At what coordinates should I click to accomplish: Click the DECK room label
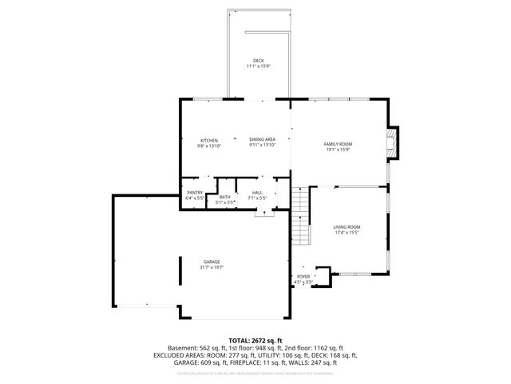(258, 61)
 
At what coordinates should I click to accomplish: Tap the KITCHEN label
(209, 140)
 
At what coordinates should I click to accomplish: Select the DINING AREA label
(262, 140)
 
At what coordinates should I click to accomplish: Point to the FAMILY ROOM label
(338, 144)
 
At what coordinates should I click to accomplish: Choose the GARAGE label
(212, 262)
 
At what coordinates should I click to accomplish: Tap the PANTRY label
(195, 193)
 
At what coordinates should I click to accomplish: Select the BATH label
(225, 197)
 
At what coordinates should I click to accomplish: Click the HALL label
(257, 193)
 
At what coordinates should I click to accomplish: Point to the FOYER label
(303, 277)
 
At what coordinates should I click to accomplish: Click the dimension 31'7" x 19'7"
(212, 267)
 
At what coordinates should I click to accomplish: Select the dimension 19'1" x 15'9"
(338, 150)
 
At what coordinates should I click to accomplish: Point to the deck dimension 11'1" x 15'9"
(258, 66)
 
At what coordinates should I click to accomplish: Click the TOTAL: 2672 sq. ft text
(255, 341)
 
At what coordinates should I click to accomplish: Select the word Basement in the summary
(181, 348)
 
